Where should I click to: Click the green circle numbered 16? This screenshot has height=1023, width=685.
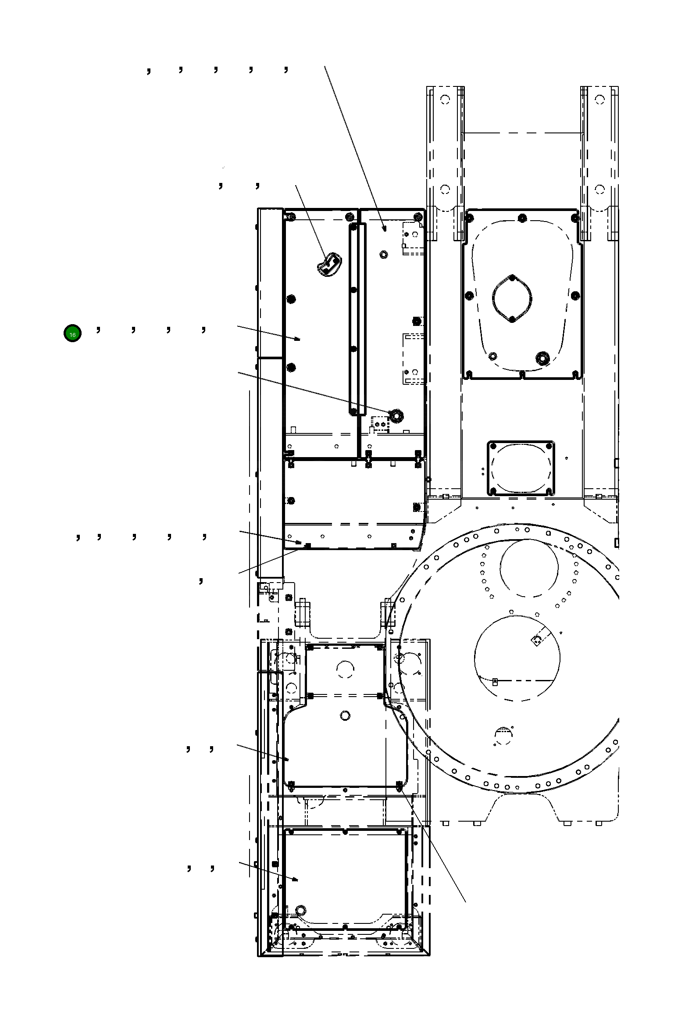point(72,334)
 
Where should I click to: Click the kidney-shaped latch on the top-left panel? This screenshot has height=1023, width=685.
point(329,265)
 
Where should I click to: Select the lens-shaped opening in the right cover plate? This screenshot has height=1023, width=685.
point(512,298)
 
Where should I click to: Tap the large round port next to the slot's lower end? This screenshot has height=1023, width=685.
point(397,415)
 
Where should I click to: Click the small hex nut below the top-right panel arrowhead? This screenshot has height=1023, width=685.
point(384,254)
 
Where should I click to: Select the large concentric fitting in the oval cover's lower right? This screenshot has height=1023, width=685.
point(543,358)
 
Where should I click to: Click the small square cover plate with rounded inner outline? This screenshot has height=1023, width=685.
point(521,469)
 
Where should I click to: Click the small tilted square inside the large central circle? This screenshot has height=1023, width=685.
point(536,641)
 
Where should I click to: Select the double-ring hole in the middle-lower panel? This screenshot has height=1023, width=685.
point(345,716)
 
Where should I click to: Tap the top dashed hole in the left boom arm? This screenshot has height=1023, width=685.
point(445,100)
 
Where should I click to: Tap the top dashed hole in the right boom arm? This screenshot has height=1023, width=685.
point(600,100)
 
